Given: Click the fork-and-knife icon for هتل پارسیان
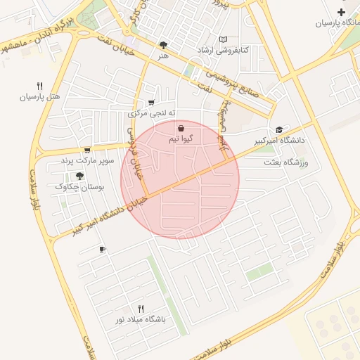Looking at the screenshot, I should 40,86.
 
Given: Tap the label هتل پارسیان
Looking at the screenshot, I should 41,96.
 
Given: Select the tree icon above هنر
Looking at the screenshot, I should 164,44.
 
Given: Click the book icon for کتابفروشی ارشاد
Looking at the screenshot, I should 224,40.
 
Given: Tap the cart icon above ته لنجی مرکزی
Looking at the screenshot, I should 151,103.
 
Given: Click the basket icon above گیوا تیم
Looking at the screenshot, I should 181,129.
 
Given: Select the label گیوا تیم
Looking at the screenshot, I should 181,139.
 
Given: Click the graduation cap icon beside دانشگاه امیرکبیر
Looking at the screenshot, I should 280,130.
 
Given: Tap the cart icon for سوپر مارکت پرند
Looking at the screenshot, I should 87,150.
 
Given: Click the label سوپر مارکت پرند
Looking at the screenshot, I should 87,160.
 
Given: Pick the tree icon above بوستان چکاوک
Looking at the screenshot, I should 79,176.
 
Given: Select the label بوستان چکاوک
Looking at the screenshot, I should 79,187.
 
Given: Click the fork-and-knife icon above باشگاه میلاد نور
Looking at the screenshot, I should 141,309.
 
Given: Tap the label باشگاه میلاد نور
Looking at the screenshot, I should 141,319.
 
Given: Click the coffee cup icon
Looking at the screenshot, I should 102,250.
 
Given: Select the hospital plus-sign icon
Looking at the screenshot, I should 342,13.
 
